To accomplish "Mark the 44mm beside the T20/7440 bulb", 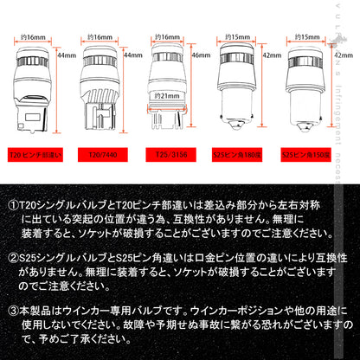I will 132,55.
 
